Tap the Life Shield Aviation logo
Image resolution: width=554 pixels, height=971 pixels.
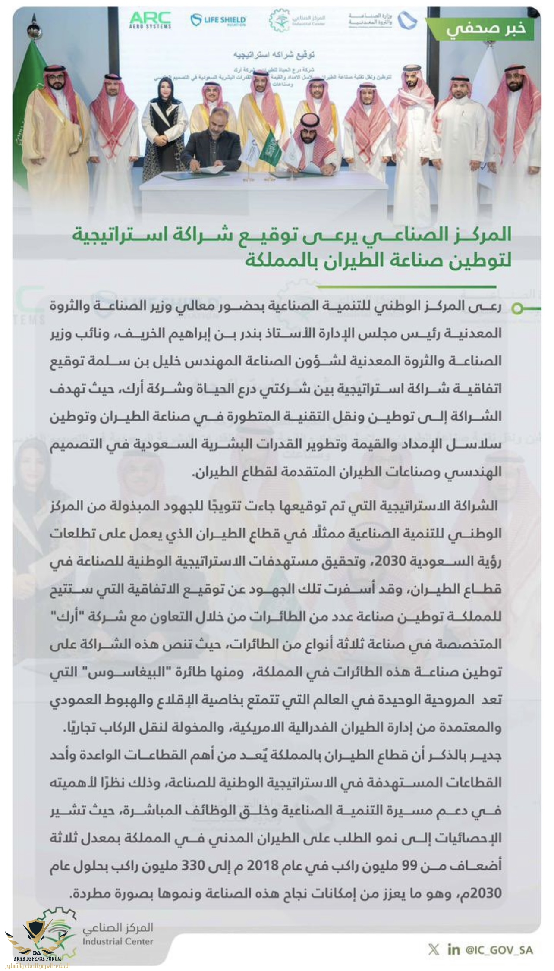click(219, 20)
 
